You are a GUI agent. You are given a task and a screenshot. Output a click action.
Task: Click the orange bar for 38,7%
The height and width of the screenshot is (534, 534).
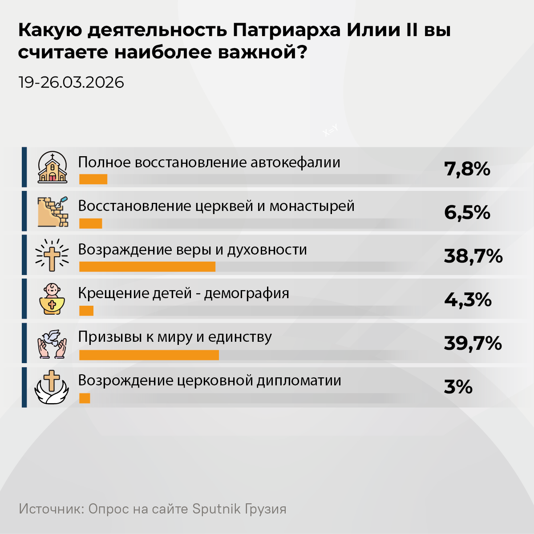pyautogui.click(x=147, y=267)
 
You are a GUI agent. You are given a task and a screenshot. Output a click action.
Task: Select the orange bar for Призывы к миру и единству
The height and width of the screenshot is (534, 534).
pyautogui.click(x=149, y=355)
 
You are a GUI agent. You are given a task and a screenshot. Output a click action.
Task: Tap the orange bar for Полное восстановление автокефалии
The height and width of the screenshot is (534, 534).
pyautogui.click(x=93, y=179)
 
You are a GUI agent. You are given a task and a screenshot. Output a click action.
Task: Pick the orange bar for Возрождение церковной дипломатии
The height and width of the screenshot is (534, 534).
pyautogui.click(x=85, y=398)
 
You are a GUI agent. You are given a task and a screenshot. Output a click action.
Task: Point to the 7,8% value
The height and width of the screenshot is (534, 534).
pyautogui.click(x=467, y=169)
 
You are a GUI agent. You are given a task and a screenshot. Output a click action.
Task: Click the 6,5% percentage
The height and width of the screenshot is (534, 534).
pyautogui.click(x=467, y=213)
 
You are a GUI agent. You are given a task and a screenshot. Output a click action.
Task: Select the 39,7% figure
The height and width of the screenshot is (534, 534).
pyautogui.click(x=473, y=344)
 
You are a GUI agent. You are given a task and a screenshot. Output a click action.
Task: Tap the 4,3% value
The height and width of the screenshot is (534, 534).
pyautogui.click(x=468, y=300)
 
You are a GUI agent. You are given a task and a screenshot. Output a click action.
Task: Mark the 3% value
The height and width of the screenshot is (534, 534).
pyautogui.click(x=458, y=387)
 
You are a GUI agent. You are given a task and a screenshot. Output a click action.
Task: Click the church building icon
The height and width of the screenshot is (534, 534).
pyautogui.click(x=53, y=168)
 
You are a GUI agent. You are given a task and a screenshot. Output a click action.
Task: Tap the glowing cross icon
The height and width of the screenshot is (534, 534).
pyautogui.click(x=52, y=255)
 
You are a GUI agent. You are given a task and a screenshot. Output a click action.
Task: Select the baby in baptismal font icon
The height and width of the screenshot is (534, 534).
pyautogui.click(x=53, y=299)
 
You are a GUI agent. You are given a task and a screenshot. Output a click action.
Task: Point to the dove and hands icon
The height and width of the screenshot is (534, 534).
pyautogui.click(x=52, y=343)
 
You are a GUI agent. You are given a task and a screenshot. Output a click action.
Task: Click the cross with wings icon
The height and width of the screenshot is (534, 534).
pyautogui.click(x=52, y=387)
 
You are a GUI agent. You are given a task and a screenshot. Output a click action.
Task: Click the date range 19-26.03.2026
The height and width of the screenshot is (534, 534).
pyautogui.click(x=71, y=82)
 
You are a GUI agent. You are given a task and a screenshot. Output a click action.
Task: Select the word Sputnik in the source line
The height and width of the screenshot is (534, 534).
pyautogui.click(x=216, y=509)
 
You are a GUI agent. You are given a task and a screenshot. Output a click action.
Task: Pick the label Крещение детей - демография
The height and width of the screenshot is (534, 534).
pyautogui.click(x=183, y=293)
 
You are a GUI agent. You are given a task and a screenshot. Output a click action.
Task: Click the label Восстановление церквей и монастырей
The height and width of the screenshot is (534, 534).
pyautogui.click(x=216, y=206)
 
